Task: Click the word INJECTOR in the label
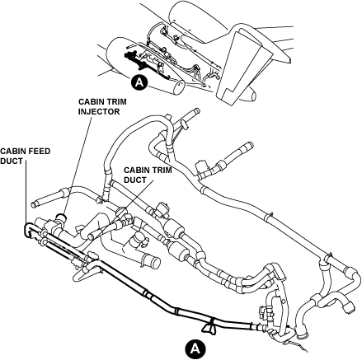99,112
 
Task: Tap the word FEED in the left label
39,152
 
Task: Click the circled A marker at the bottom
195,348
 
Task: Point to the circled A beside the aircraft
140,82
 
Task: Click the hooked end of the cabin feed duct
27,230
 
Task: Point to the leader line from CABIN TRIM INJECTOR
78,166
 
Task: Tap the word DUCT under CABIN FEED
12,161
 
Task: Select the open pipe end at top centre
197,110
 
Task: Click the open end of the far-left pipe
33,204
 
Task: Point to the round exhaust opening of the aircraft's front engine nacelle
180,87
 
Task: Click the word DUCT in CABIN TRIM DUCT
135,180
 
